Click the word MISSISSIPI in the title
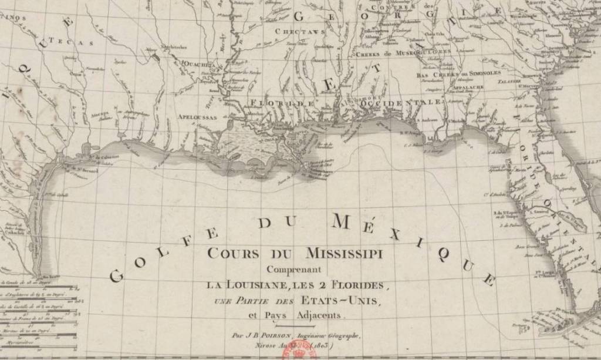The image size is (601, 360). [x=344, y=254]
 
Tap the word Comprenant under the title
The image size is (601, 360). [x=294, y=270]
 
